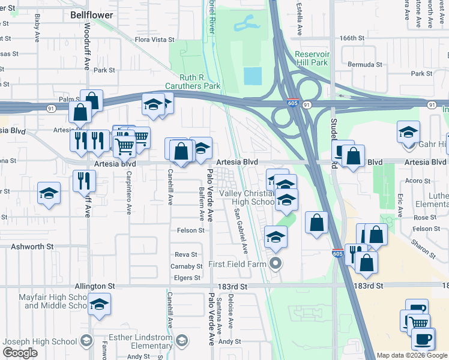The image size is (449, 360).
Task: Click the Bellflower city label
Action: click(x=91, y=13)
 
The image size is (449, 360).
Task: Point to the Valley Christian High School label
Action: click(x=246, y=197)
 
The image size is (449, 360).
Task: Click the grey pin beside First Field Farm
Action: click(x=276, y=263)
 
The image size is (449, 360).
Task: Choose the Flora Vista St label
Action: click(x=154, y=40)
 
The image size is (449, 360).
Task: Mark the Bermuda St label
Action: click(x=365, y=64)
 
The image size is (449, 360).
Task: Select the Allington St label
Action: click(x=95, y=287)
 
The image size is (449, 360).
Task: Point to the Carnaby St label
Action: click(x=185, y=266)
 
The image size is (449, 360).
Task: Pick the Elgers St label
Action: click(x=187, y=278)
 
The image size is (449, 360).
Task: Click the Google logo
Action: click(x=20, y=353)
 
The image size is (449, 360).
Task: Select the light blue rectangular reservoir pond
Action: click(x=253, y=76)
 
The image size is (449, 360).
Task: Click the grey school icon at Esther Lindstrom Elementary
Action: click(x=181, y=341)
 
